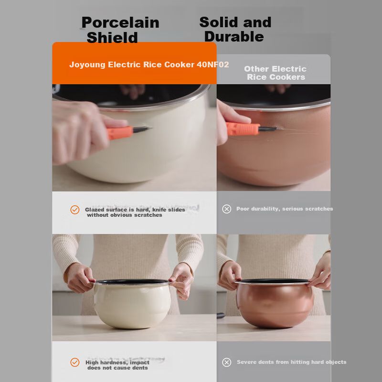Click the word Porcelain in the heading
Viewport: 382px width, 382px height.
tap(120, 22)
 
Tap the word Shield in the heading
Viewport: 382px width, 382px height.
tap(112, 38)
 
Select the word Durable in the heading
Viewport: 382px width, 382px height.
tap(234, 37)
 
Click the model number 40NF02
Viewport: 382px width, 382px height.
tap(212, 64)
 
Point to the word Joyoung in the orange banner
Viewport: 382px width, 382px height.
tap(87, 65)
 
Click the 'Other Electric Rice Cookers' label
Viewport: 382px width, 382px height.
tap(276, 73)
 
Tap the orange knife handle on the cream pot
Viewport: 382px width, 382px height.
tap(120, 133)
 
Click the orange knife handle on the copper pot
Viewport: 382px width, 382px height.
tap(243, 128)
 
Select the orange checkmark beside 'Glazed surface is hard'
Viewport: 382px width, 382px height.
tap(75, 210)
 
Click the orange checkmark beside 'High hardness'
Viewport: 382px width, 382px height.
tap(75, 362)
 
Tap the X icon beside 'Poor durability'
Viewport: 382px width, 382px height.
tap(226, 209)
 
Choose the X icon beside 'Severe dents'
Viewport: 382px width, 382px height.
tap(226, 362)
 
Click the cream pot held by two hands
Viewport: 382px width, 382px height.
tap(132, 304)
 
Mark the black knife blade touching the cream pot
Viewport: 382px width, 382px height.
tap(142, 129)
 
